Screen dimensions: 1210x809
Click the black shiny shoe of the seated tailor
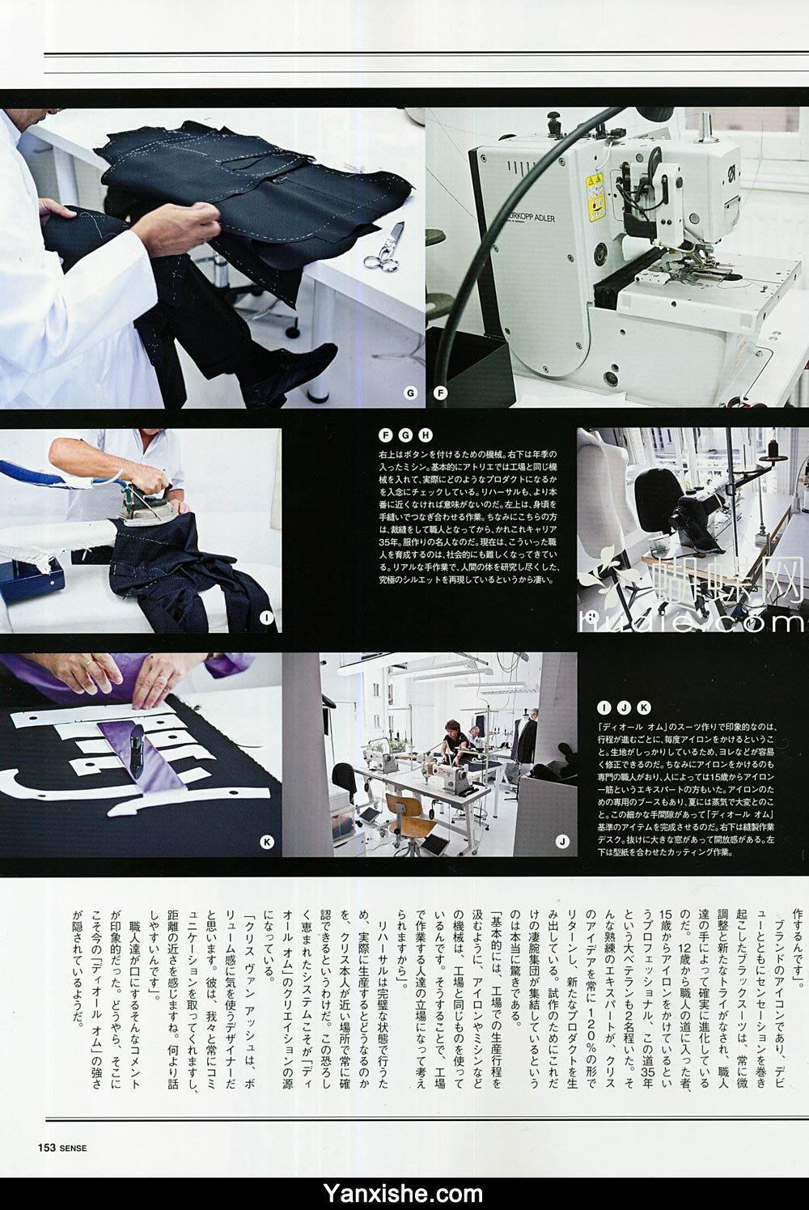pyautogui.click(x=310, y=361)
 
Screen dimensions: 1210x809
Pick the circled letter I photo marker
pyautogui.click(x=265, y=617)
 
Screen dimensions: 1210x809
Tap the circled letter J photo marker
pyautogui.click(x=561, y=843)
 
